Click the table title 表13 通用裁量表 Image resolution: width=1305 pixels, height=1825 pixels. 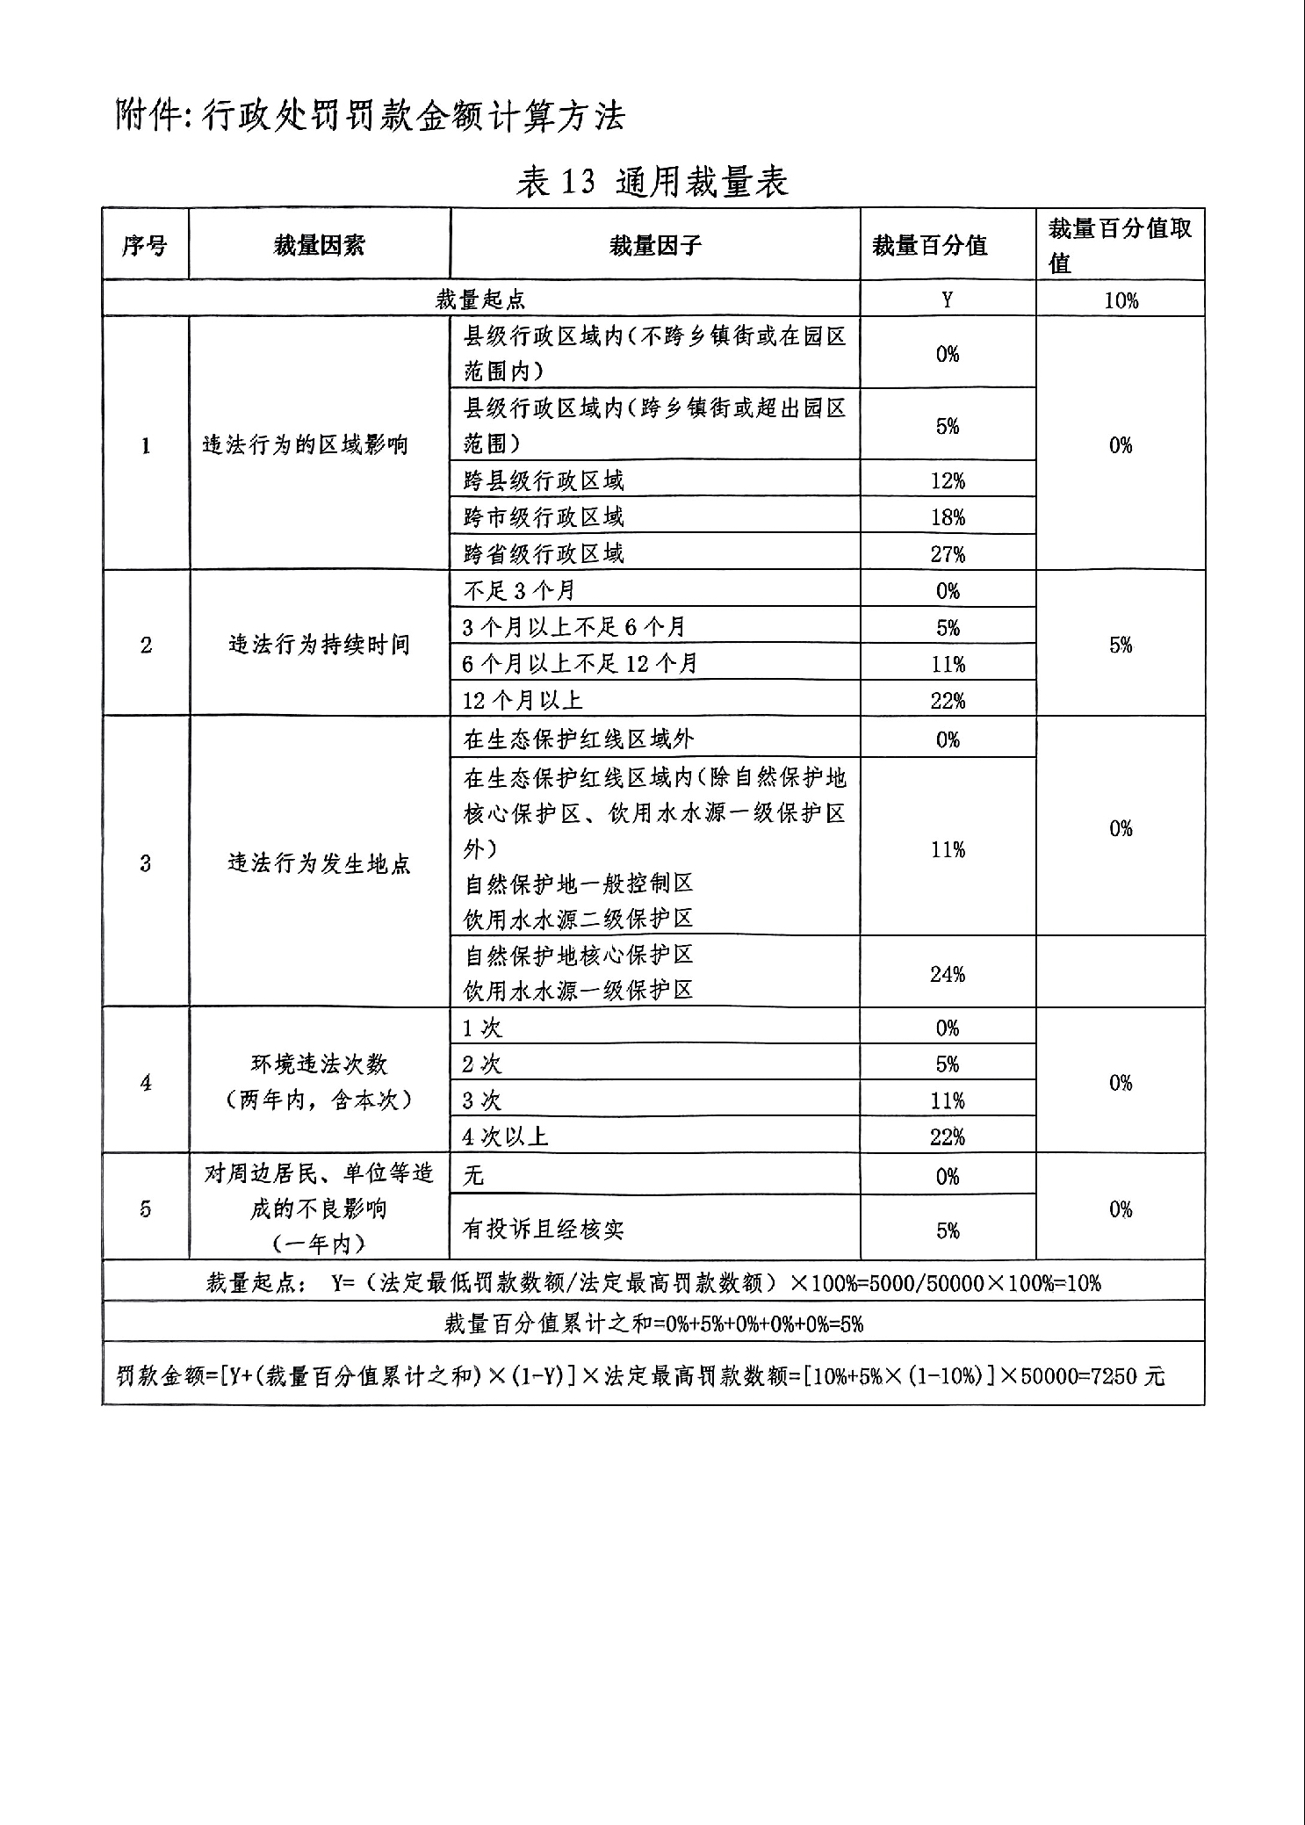652,182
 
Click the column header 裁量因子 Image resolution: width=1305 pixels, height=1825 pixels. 655,246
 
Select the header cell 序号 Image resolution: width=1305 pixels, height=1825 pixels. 145,246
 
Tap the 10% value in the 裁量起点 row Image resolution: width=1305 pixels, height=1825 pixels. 1121,300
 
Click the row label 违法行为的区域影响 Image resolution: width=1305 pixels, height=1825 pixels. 305,445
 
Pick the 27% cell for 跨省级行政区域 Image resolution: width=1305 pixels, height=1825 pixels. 948,554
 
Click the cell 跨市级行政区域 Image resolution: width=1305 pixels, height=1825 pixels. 544,517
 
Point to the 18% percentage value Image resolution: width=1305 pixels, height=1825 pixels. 948,517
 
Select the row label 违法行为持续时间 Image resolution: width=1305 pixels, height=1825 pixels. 319,646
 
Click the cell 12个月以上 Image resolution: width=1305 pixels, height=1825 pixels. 523,701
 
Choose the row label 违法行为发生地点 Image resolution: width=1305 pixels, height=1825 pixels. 319,864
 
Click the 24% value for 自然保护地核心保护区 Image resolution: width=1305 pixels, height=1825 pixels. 948,974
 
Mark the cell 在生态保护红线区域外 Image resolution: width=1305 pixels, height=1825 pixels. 579,739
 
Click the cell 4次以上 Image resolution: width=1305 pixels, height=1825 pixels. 505,1137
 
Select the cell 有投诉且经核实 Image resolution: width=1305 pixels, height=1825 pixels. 543,1230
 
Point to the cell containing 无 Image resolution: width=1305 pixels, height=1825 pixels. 473,1176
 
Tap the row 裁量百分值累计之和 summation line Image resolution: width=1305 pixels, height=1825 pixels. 653,1324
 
